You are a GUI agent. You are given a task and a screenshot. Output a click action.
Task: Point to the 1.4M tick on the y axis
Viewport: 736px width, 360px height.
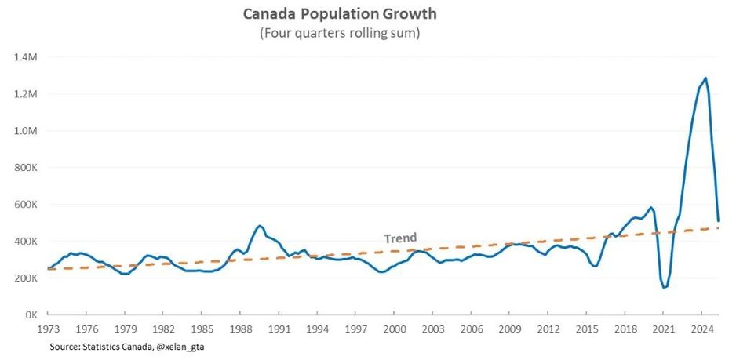[x=29, y=57]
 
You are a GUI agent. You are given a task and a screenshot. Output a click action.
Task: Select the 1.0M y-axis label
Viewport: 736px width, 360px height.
[x=29, y=131]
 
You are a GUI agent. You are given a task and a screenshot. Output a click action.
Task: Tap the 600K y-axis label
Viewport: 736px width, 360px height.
[x=29, y=205]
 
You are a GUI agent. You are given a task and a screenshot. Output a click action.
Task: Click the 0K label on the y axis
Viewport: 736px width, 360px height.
[x=35, y=315]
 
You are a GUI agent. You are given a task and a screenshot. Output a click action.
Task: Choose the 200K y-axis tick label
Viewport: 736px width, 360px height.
[x=29, y=278]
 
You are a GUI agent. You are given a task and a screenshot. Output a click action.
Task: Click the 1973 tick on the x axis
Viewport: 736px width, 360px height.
[x=49, y=329]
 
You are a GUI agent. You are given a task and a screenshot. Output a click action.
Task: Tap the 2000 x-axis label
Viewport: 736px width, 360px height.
[x=394, y=329]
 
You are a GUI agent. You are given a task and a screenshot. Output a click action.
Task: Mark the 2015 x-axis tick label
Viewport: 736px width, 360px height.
[x=586, y=329]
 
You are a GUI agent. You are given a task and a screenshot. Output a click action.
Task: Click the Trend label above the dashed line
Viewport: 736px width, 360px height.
[x=400, y=238]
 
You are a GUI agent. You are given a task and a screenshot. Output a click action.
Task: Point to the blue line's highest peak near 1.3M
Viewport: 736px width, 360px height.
[x=705, y=78]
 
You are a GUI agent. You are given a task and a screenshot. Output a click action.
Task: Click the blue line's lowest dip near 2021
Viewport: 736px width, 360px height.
[x=665, y=287]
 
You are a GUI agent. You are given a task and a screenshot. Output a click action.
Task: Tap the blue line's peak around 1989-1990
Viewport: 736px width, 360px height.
[x=259, y=226]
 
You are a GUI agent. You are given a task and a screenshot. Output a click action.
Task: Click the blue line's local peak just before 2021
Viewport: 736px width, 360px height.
[x=651, y=207]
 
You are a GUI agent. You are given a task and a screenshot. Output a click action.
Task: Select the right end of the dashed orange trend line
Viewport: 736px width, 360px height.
[x=719, y=228]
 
